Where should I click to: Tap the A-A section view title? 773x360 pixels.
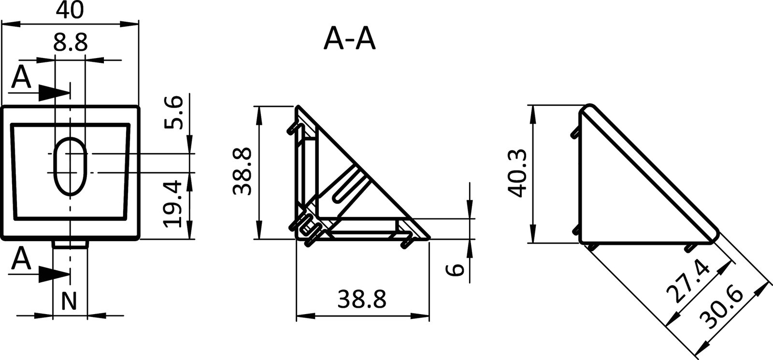coord(349,39)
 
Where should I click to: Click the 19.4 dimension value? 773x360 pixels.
coord(173,203)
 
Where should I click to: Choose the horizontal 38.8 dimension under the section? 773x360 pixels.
coord(362,300)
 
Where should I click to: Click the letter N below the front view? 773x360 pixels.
coord(70,302)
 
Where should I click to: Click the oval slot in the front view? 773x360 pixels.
coord(71,166)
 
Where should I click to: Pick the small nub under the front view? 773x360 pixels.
coord(71,245)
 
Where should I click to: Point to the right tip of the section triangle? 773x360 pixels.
coord(428,237)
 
